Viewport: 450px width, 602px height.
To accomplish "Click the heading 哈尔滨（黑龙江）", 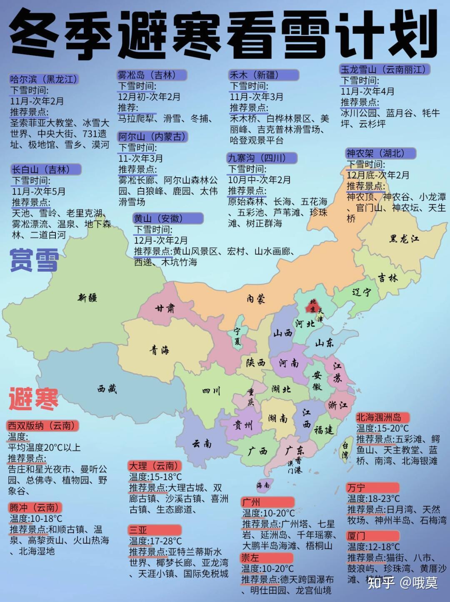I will tap(44, 79).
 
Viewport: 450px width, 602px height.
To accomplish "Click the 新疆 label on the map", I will tap(87, 297).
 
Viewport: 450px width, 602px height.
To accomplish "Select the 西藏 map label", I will tap(107, 389).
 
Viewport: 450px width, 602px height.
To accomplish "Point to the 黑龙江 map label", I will tap(404, 239).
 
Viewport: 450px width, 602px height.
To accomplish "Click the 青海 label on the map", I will tap(160, 350).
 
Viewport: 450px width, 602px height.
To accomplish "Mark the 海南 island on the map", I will tap(263, 485).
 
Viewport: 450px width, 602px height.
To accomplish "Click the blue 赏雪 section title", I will tap(34, 259).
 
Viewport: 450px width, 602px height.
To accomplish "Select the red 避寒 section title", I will tap(33, 398).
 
